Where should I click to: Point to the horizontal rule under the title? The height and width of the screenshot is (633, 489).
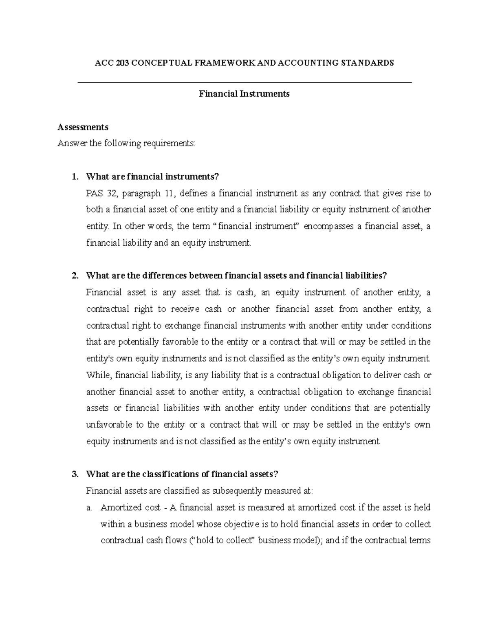(x=244, y=83)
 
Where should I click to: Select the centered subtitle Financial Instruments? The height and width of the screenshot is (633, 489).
(x=244, y=94)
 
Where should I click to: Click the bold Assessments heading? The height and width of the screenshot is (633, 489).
(x=83, y=127)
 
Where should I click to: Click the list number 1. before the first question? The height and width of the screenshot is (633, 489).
(x=74, y=176)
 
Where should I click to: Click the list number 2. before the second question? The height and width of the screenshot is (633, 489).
(x=74, y=276)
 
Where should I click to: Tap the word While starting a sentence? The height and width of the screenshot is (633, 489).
(x=97, y=375)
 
